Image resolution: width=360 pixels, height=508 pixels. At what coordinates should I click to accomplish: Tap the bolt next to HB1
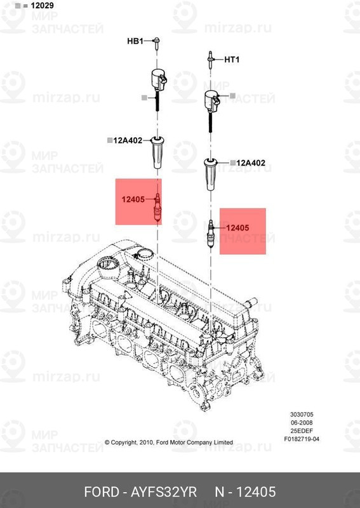coord(156,43)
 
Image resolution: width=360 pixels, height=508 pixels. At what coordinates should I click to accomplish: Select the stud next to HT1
coord(210,60)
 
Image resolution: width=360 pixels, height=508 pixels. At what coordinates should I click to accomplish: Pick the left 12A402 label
coord(129,141)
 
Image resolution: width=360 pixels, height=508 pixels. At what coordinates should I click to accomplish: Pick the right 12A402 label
coord(250,163)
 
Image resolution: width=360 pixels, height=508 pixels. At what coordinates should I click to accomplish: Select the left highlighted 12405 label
coord(134,199)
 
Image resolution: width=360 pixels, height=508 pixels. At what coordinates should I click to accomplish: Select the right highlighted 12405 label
coord(237,227)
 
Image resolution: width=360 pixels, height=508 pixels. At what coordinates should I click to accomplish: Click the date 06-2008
coord(302,422)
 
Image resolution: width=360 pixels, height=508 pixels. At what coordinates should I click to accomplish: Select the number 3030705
coord(302,414)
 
